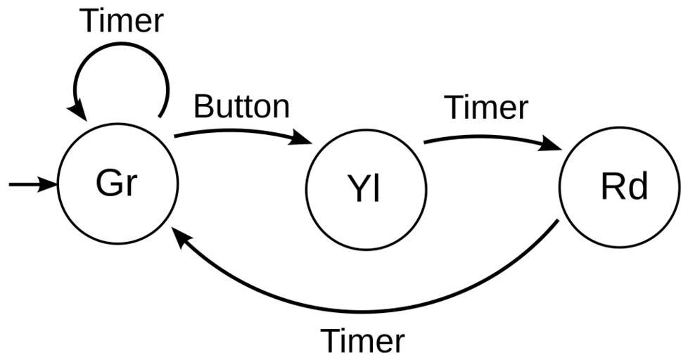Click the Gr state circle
point(117,184)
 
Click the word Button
point(241,107)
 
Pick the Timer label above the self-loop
point(122,20)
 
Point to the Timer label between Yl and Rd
point(486,108)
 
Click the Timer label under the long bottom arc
point(363,341)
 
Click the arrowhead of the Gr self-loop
point(76,112)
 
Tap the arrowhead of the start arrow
point(49,185)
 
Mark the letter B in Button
point(201,107)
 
